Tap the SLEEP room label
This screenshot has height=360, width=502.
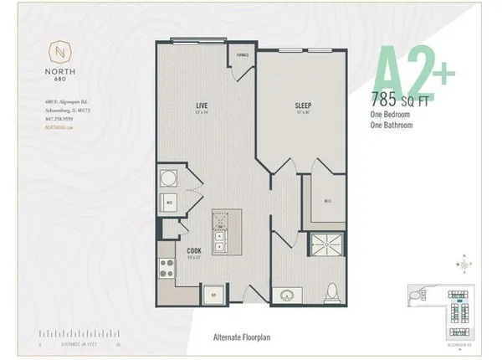point(303,106)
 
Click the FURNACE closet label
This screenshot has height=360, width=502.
point(243,56)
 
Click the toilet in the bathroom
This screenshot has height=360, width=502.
point(332,293)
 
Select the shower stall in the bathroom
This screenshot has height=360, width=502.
point(323,244)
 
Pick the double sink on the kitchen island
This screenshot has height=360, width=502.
point(220,236)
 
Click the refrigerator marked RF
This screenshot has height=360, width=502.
point(214,295)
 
